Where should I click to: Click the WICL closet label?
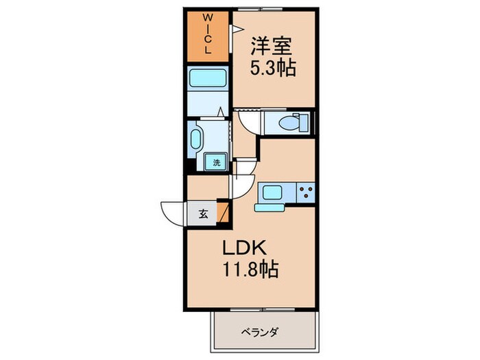click(x=210, y=34)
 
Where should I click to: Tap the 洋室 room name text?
click(x=272, y=47)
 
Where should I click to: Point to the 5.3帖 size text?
click(x=272, y=69)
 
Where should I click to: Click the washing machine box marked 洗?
click(x=215, y=163)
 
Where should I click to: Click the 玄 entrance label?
click(x=203, y=212)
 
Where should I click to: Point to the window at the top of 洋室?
click(x=274, y=9)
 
